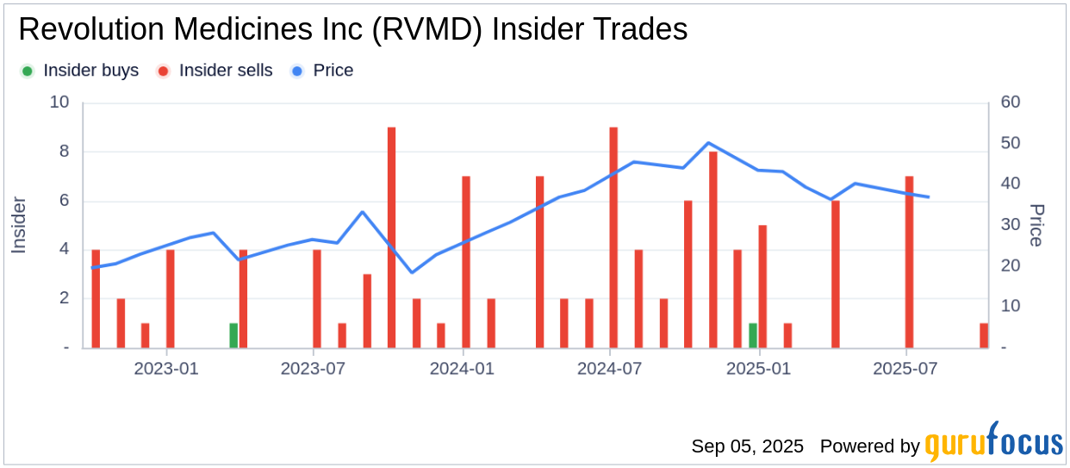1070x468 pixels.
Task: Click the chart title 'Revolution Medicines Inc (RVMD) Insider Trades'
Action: click(352, 30)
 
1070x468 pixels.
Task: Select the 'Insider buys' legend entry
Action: click(81, 71)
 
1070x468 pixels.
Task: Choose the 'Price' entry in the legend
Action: click(323, 71)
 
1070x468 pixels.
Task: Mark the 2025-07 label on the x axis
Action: click(907, 369)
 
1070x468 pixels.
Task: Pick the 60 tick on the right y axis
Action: click(1011, 103)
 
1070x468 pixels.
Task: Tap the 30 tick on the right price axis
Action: click(1011, 225)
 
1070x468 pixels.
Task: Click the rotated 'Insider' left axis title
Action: click(19, 225)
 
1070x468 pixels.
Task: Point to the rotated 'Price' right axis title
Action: click(1036, 225)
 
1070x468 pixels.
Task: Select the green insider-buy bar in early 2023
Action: click(233, 336)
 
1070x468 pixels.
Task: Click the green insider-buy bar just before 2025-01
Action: click(753, 336)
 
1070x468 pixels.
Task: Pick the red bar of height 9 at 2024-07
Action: click(613, 237)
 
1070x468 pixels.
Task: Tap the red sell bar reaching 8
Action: click(712, 250)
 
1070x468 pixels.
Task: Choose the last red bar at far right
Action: click(984, 336)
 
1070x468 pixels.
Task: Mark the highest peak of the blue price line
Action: click(708, 143)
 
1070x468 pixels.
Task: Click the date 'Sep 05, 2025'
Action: click(747, 446)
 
